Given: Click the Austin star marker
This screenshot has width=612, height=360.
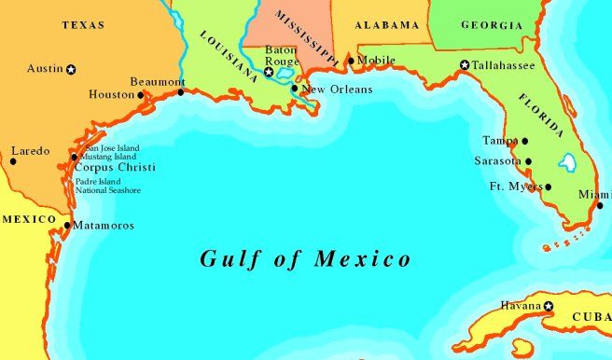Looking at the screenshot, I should pos(71,69).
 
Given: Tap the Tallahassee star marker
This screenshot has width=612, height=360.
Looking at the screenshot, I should pos(465,65).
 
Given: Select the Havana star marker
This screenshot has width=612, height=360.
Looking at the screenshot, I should pos(549,306).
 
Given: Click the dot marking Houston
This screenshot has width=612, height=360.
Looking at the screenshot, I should pos(141,94).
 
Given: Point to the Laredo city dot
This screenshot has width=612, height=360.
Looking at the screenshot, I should pos(13,161).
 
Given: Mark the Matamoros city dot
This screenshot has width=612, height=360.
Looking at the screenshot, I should pos(67,225).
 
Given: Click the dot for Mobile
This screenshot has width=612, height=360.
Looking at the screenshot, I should pos(351,62).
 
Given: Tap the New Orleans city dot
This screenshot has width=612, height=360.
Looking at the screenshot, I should pos(295,90).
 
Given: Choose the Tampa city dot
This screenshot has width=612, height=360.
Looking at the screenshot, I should pos(525,142).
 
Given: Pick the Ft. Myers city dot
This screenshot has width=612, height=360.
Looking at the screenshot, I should pos(549,187).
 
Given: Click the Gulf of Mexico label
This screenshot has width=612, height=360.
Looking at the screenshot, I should pos(305,258).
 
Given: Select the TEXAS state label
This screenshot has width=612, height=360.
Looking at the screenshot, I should pos(83,25).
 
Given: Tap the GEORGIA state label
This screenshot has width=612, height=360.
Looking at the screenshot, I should pos(480,25).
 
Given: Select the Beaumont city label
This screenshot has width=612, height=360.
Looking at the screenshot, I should pos(152,81).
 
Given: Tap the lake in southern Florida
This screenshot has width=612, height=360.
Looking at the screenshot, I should pos(567,163).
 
